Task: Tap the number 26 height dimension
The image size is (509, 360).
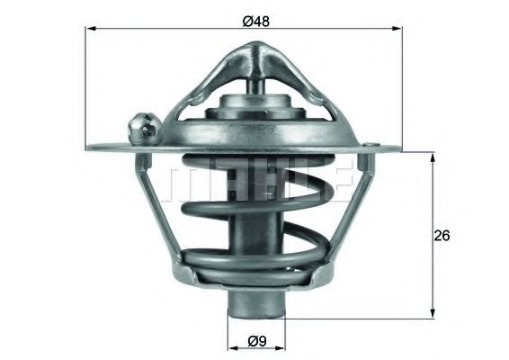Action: click(441, 236)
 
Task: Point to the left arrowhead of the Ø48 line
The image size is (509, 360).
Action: click(90, 30)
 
